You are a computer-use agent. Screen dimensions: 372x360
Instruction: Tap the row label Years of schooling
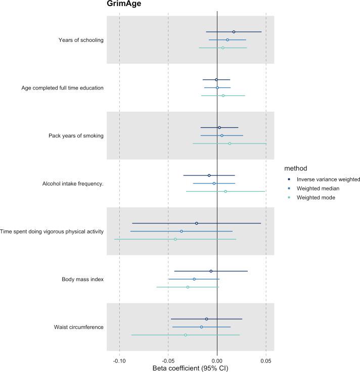coord(81,40)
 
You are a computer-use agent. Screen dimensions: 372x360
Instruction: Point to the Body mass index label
coord(82,279)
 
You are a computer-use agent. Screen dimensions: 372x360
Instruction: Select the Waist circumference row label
coord(78,327)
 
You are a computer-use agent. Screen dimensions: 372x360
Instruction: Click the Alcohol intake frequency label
coord(73,183)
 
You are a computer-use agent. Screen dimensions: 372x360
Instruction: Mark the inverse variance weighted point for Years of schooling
coord(234,32)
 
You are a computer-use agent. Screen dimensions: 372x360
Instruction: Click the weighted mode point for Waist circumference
coord(186,335)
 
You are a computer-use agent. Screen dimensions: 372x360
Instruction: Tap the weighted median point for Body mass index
coord(194,279)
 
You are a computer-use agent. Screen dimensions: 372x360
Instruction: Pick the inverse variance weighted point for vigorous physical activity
coord(197,223)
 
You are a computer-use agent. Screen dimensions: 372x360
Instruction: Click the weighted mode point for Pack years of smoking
coord(230,144)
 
